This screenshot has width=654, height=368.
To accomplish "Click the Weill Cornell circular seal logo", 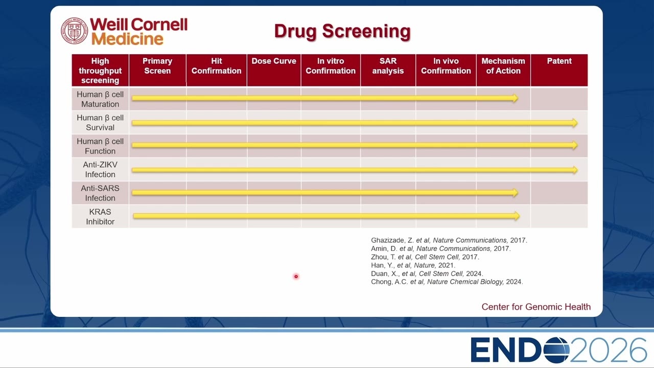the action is tap(74, 31).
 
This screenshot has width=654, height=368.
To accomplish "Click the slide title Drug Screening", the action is tap(342, 31).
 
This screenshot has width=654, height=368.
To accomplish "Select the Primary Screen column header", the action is tap(157, 66).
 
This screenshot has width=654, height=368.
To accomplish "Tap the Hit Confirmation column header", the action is tap(216, 66).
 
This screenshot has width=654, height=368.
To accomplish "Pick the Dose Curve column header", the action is tap(274, 61).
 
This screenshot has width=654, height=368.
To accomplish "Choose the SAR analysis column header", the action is tap(388, 66).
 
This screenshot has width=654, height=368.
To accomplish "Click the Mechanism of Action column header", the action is tap(503, 66).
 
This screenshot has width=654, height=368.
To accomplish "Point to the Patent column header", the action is tap(559, 61).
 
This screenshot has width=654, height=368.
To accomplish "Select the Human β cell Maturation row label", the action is tap(100, 99).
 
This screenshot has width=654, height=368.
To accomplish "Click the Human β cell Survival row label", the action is tap(100, 123).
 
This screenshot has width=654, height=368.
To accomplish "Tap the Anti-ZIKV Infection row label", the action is tap(100, 169).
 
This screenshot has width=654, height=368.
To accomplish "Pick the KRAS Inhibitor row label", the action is tap(100, 217).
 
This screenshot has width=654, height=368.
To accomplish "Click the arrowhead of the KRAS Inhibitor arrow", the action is tap(516, 216).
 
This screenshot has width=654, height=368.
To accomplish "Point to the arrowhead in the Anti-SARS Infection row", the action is tap(514, 193).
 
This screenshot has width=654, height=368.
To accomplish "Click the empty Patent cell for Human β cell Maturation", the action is tap(559, 99).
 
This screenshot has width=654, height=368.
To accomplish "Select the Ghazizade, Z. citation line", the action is tap(449, 240).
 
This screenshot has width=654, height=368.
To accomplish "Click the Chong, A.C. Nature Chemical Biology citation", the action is tap(447, 282).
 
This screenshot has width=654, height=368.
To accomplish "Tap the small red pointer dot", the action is tap(296, 277).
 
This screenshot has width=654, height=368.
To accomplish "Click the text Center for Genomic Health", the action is tap(536, 307).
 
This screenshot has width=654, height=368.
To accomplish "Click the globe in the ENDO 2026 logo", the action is tap(556, 350).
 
